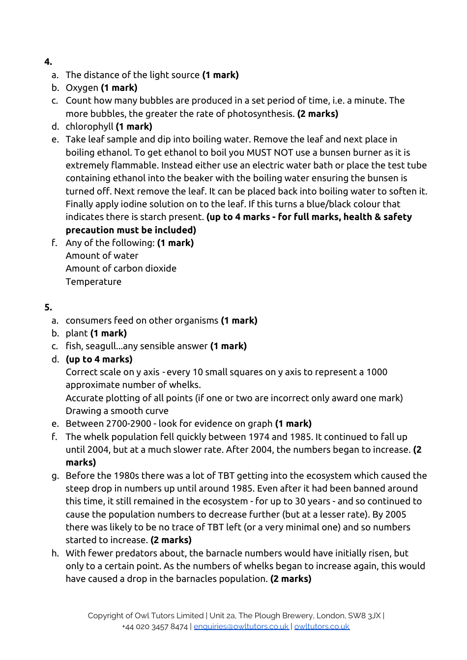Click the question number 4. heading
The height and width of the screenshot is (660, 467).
[x=48, y=62]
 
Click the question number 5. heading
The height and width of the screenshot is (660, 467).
[x=48, y=307]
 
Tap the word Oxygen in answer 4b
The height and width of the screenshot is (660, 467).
[x=82, y=88]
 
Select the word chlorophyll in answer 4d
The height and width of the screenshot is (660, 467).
[x=89, y=127]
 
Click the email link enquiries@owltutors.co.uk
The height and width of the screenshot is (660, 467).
[x=241, y=627]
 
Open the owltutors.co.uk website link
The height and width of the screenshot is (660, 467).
[x=321, y=627]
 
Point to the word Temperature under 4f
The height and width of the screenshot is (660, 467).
[x=93, y=282]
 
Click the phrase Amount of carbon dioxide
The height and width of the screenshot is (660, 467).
[x=121, y=269]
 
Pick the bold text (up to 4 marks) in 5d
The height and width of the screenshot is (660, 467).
[x=99, y=359]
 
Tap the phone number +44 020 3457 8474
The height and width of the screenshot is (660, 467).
[x=155, y=627]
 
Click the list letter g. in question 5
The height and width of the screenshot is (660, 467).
[x=55, y=476]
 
